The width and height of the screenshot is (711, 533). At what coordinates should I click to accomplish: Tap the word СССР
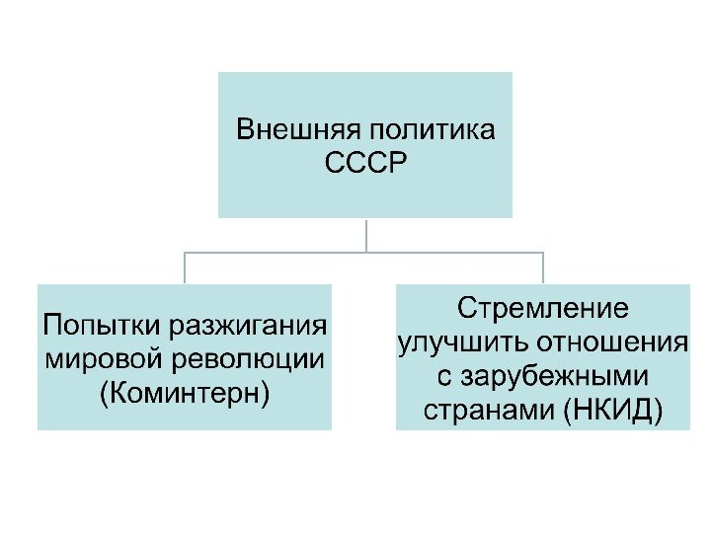tap(365, 162)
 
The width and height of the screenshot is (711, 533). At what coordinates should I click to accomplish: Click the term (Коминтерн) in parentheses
tap(185, 391)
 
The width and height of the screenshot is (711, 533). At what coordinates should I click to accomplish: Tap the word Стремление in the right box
tap(542, 308)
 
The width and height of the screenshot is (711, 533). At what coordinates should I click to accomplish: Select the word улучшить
tap(460, 343)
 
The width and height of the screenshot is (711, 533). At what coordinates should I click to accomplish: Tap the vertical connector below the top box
tap(365, 234)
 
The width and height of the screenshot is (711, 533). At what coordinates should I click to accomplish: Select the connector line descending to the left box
tap(185, 267)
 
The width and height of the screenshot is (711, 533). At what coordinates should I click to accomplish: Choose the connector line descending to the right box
tap(542, 267)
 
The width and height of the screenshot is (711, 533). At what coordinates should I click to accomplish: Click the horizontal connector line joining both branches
tap(276, 252)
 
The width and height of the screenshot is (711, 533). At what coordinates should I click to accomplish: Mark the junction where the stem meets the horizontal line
tap(365, 252)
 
